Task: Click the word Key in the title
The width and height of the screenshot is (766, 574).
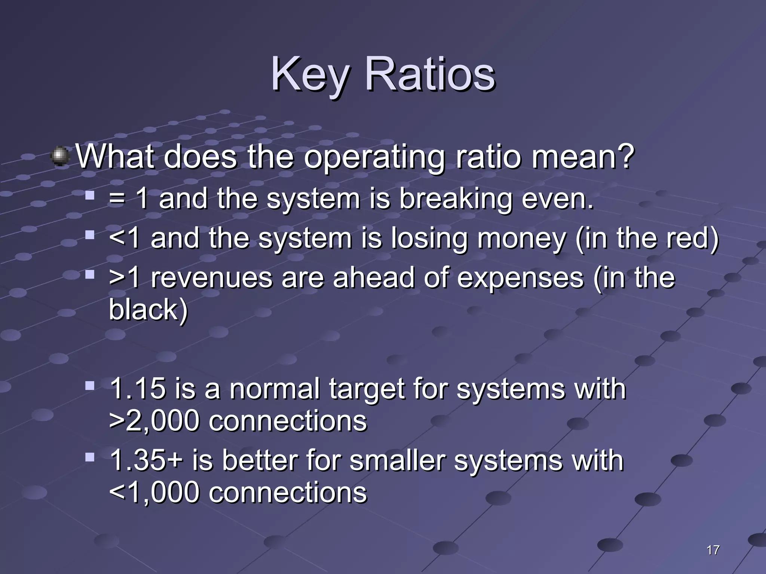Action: [310, 75]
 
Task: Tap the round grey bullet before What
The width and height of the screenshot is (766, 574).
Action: [60, 156]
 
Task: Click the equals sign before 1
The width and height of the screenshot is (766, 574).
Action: [117, 199]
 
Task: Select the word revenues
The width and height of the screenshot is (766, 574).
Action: [211, 278]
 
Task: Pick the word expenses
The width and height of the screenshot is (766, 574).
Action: [520, 279]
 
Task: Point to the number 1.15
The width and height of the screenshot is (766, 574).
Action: [138, 389]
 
